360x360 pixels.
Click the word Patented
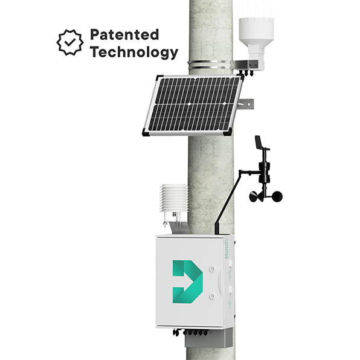point(124,34)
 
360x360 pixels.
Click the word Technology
point(134,53)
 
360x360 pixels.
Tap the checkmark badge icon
point(70,42)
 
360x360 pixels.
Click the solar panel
point(193,105)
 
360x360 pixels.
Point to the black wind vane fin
point(259,142)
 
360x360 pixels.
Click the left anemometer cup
point(255,197)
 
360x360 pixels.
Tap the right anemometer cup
point(277,196)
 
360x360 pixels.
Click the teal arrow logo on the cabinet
point(188,281)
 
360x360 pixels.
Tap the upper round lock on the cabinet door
point(212,268)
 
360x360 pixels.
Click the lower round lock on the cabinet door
point(212,296)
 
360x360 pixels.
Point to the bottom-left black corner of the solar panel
point(146,132)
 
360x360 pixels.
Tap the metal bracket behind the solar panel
point(246,104)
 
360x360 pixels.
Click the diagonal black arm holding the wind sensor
point(227,202)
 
